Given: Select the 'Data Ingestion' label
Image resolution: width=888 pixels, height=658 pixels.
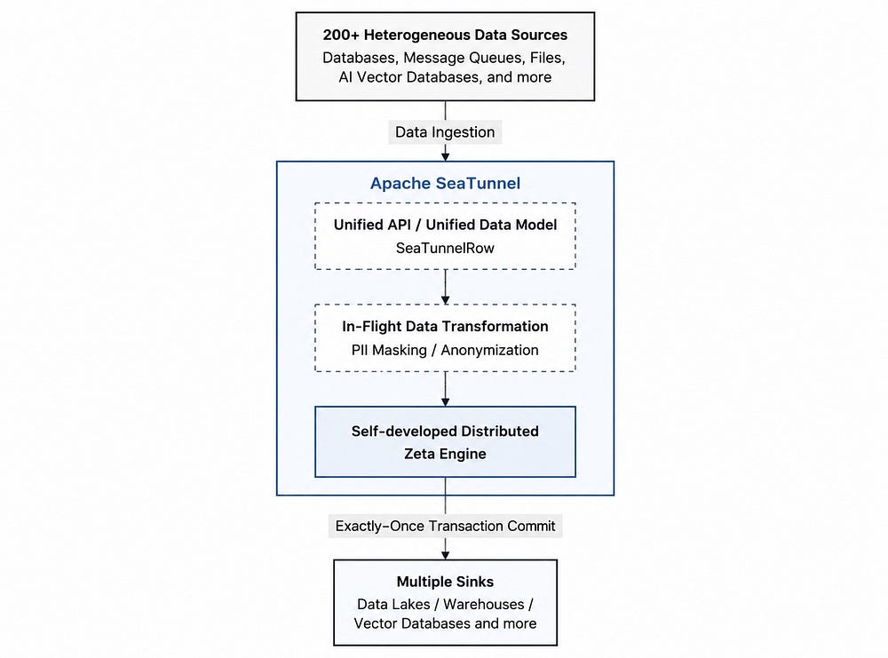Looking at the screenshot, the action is pyautogui.click(x=445, y=132).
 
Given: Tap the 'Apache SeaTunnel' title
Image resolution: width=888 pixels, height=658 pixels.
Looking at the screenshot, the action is pyautogui.click(x=445, y=183).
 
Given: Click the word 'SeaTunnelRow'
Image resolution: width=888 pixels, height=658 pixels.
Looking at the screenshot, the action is pyautogui.click(x=445, y=248).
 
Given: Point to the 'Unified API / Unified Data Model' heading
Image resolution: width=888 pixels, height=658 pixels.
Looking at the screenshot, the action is pyautogui.click(x=445, y=225).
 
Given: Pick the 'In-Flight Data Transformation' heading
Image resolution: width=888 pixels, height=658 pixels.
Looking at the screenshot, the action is pyautogui.click(x=445, y=326).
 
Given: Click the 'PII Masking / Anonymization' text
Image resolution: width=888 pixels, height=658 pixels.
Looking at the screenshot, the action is pyautogui.click(x=445, y=350).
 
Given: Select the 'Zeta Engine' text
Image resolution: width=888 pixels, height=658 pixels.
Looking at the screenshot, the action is pyautogui.click(x=445, y=454).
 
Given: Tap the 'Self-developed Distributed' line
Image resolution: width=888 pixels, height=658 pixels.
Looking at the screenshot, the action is pyautogui.click(x=445, y=431).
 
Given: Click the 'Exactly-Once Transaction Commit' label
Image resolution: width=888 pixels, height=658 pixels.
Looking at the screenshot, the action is pyautogui.click(x=445, y=526).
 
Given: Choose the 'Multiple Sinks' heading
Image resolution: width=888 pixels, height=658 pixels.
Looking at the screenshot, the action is pyautogui.click(x=445, y=582).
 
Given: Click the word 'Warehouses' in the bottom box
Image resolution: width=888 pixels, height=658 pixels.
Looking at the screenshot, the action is pyautogui.click(x=484, y=604).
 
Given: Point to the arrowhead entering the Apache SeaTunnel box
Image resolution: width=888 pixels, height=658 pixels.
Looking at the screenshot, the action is pyautogui.click(x=445, y=156).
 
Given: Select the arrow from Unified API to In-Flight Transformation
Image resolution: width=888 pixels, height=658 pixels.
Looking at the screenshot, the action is pyautogui.click(x=445, y=287).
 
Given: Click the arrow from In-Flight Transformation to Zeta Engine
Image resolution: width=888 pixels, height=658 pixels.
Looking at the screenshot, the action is pyautogui.click(x=445, y=389).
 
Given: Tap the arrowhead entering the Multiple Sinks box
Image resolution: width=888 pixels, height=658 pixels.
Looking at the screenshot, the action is pyautogui.click(x=445, y=555).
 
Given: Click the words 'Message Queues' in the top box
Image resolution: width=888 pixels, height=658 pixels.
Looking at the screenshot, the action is pyautogui.click(x=464, y=58).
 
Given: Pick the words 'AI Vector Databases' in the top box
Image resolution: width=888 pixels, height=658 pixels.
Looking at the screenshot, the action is pyautogui.click(x=408, y=77).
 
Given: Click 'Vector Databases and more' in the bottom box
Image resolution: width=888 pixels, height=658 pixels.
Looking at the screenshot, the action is pyautogui.click(x=445, y=623).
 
